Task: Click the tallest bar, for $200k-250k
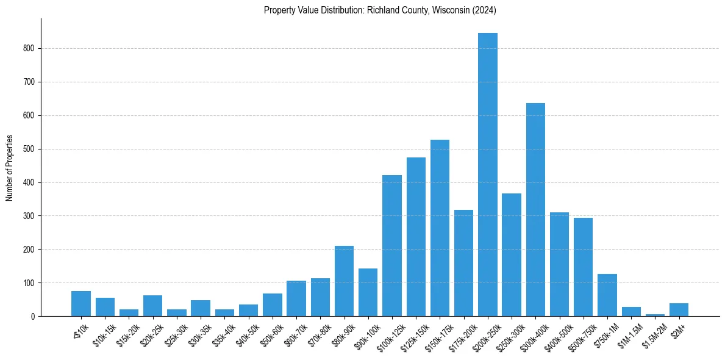pos(487,175)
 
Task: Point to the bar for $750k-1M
pos(607,295)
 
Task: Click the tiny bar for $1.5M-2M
pos(655,315)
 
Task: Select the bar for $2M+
pos(679,310)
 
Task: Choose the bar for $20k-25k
pos(152,306)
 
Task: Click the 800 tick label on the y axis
pos(30,49)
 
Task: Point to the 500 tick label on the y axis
pos(30,149)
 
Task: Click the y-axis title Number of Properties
pos(10,168)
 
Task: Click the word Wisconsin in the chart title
pos(448,10)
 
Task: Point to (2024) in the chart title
pos(484,10)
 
